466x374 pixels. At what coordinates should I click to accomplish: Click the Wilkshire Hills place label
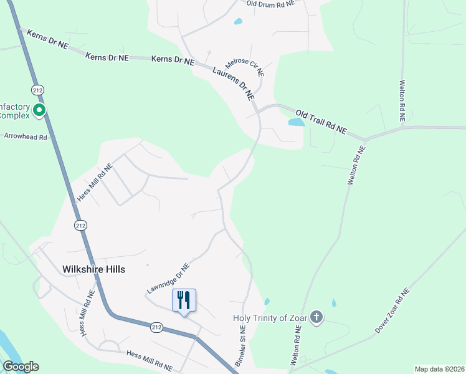pos(93,269)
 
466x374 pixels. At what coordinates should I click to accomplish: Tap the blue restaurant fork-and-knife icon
pos(184,300)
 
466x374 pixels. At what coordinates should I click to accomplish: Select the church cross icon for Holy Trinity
pos(316,318)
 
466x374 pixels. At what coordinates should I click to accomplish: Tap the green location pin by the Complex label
pos(39,112)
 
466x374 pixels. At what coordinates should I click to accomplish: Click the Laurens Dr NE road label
pos(234,83)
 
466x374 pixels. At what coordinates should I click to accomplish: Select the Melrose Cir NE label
pos(245,67)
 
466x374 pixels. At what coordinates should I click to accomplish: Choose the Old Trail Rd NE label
pos(321,122)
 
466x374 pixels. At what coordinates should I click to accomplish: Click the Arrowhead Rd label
pos(26,136)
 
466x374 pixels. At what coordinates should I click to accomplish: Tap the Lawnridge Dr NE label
pos(168,278)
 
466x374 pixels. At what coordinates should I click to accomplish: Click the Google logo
pos(21,367)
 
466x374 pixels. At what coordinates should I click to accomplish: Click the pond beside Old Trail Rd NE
pos(296,122)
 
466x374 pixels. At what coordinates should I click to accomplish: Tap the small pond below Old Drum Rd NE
pos(238,21)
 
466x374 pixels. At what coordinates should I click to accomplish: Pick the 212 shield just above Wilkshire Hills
pos(79,225)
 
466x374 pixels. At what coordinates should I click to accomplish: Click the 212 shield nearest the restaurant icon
pos(156,326)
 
